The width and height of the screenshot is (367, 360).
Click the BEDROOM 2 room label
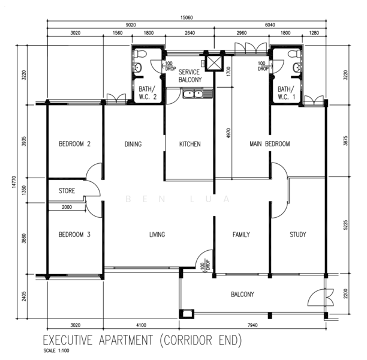pos(74,144)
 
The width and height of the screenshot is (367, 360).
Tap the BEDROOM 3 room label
pos(74,235)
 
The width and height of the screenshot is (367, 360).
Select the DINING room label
pos(133,144)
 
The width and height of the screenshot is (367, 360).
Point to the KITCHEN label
pos(189,144)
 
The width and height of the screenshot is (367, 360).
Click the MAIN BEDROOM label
pos(269,144)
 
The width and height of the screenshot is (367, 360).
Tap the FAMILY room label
pos(241,235)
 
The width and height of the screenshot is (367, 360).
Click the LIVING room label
pos(157,235)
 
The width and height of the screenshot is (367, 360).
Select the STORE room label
pos(67,192)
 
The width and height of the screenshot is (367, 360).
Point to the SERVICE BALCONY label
pos(189,76)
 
